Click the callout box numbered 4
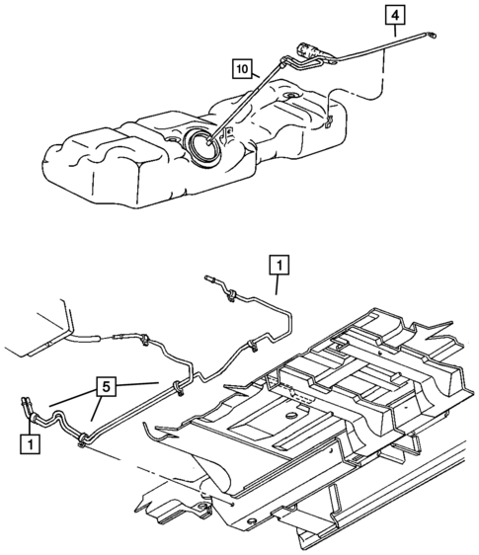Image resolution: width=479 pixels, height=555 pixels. tap(393, 16)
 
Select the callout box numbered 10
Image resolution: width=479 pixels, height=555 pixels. tap(241, 68)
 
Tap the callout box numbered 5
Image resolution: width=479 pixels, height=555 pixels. tap(110, 386)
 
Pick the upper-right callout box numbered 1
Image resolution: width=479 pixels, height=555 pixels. tap(279, 265)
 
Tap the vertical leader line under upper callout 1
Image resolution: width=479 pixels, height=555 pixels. tap(279, 284)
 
